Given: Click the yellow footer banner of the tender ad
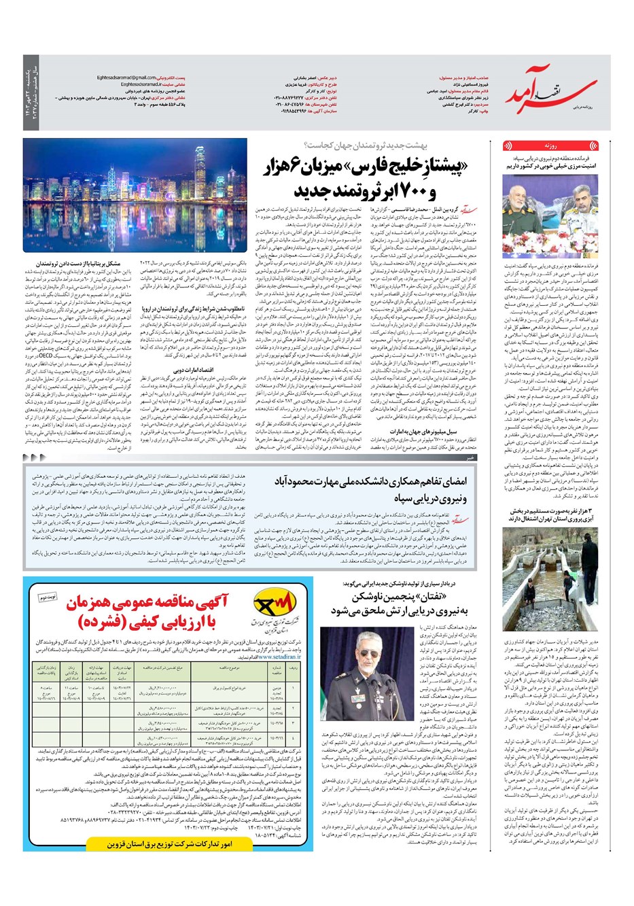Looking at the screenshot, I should (168, 843).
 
